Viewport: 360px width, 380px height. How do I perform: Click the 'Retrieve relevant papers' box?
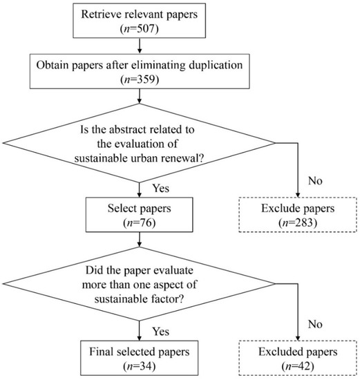[139, 21]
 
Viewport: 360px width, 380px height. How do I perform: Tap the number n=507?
[139, 29]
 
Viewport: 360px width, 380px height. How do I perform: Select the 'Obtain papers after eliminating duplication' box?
[140, 71]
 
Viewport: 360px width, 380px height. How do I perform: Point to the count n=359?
[140, 79]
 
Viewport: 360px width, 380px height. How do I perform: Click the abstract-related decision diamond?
[139, 143]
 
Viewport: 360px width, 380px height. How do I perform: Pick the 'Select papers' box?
[139, 214]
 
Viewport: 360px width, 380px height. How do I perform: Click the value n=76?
[139, 222]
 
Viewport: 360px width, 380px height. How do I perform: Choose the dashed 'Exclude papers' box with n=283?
[298, 215]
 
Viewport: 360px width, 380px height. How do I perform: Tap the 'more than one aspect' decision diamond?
[139, 284]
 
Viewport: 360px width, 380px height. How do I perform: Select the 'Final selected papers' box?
[139, 358]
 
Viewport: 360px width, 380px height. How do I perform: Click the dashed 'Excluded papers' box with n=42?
[298, 358]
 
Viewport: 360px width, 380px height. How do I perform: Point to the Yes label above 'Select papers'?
[161, 189]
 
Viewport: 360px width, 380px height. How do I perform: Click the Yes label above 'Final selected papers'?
[161, 331]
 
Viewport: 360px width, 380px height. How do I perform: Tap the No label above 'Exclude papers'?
[315, 181]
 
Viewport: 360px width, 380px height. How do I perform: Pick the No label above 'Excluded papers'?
[315, 324]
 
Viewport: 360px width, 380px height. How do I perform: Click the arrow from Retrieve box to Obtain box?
[140, 46]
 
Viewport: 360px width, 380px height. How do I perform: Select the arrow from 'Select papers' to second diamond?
[140, 240]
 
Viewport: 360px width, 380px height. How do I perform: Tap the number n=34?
[139, 366]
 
